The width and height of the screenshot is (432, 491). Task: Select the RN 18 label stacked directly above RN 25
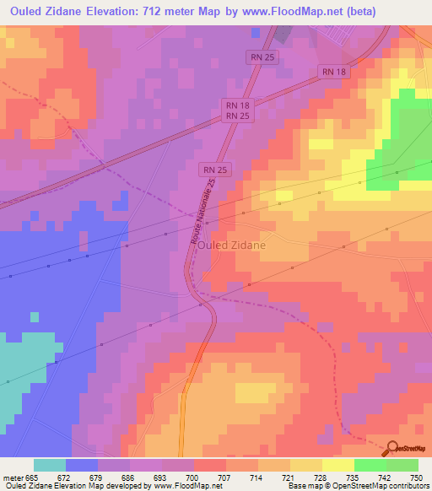click(237, 104)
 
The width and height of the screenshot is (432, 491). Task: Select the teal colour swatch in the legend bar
click(50, 465)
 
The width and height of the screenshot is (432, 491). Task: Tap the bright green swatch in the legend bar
click(370, 465)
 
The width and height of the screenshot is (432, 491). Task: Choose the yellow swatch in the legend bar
click(305, 465)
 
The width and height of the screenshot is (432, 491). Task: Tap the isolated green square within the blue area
click(35, 317)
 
